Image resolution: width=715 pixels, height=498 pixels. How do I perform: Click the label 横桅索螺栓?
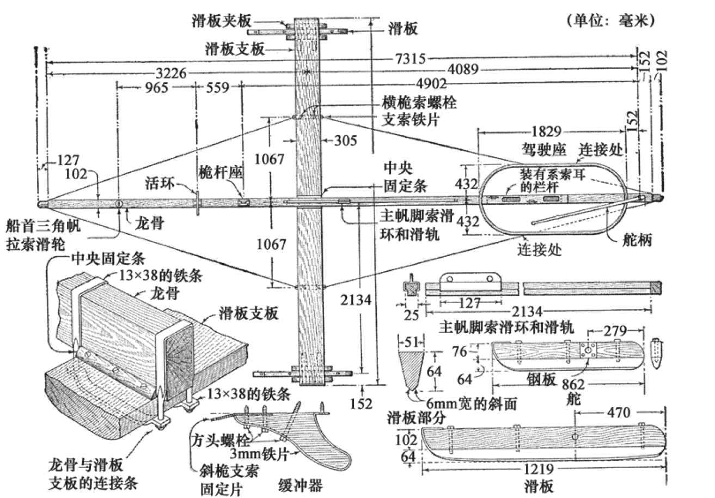(419, 102)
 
